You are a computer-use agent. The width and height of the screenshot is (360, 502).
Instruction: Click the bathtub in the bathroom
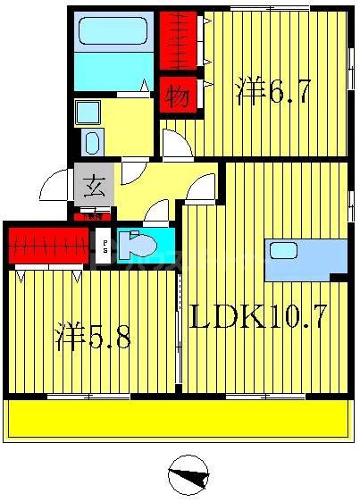(x=112, y=33)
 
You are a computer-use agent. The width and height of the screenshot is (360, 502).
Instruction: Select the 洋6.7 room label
(x=273, y=92)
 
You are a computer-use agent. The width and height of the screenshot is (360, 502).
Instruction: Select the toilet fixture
(x=137, y=244)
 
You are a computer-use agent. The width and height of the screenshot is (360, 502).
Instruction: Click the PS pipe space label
(x=105, y=244)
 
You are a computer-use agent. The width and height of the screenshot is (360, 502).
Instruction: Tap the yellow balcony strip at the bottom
(x=179, y=418)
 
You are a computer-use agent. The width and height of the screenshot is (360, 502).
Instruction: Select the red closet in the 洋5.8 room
(x=50, y=243)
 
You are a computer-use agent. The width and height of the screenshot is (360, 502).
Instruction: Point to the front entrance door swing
(x=55, y=187)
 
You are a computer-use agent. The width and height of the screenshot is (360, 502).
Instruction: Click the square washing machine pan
(x=87, y=113)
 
